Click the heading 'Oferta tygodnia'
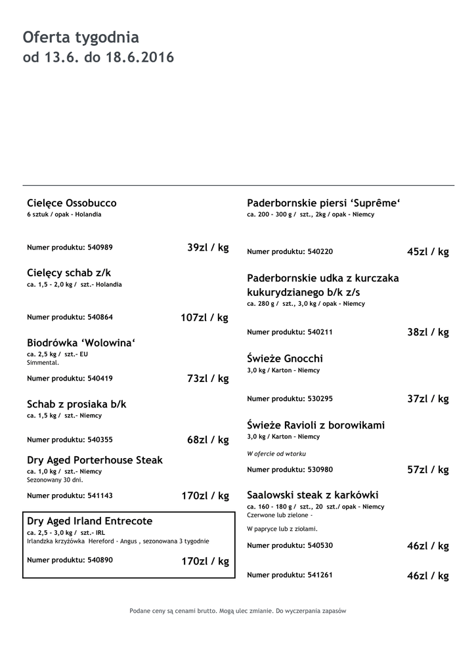click(81, 37)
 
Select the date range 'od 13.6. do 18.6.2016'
click(98, 58)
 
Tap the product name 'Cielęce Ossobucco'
click(72, 203)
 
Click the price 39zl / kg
click(207, 247)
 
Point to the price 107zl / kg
click(204, 318)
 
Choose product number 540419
click(70, 378)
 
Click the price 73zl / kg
click(207, 379)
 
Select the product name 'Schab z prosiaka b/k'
click(76, 404)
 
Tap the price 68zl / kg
click(207, 440)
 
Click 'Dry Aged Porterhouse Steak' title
click(95, 460)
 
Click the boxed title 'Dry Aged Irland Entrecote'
click(89, 521)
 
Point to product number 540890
click(70, 560)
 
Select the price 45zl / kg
click(428, 252)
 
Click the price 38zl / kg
click(428, 332)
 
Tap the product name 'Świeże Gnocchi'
click(285, 359)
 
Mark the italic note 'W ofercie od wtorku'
click(276, 453)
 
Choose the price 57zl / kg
click(428, 470)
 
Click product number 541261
click(290, 575)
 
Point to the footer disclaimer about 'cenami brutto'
click(238, 611)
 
